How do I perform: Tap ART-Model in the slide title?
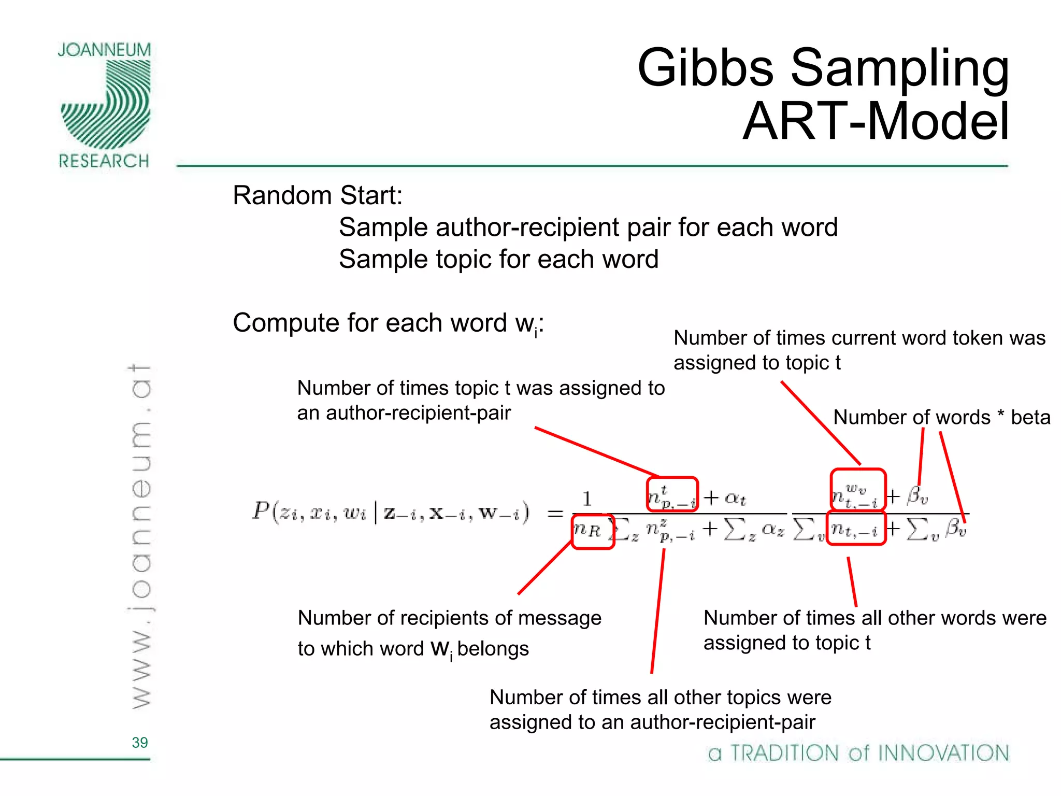coord(876,121)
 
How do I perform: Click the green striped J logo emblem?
coord(106,104)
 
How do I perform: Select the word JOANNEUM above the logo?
coord(104,50)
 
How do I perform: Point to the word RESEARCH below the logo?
coord(104,161)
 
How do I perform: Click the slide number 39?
coord(140,743)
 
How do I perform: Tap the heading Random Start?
coord(318,196)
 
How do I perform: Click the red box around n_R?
coord(593,531)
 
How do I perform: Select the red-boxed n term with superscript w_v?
coord(858,490)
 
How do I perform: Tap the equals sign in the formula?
coord(555,513)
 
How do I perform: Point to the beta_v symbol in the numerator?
coord(917,496)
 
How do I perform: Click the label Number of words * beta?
coord(941,417)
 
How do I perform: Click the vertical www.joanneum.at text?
coord(140,536)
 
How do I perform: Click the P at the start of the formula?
coord(260,511)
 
